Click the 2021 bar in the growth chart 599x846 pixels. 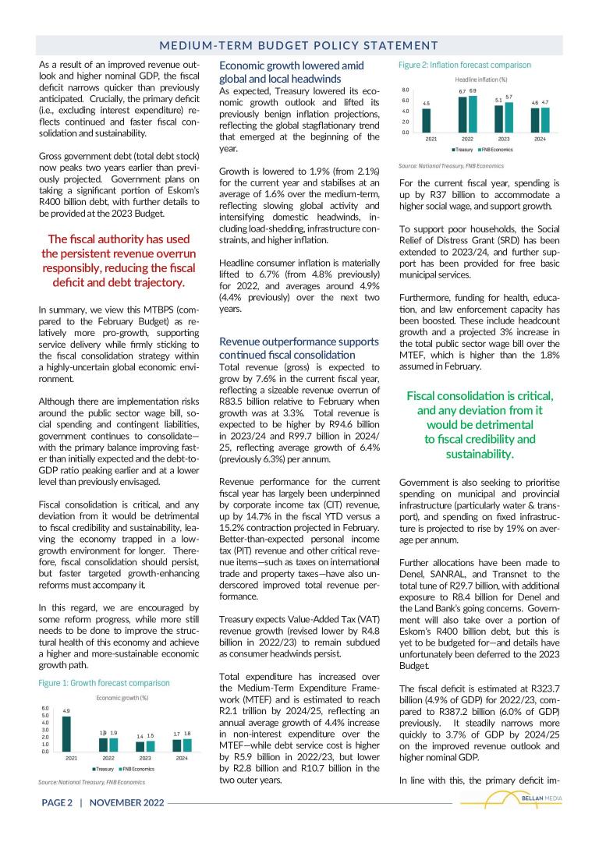[66, 734]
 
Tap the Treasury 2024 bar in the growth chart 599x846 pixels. [176, 745]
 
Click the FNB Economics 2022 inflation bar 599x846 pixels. [473, 113]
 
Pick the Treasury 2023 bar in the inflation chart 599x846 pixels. [498, 119]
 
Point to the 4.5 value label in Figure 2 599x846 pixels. [426, 103]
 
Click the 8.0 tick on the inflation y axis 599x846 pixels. [406, 90]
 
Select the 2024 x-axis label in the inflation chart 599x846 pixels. [539, 139]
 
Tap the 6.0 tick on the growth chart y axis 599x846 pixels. [45, 708]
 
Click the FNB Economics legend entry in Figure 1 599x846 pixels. [136, 769]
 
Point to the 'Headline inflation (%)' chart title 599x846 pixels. [481, 80]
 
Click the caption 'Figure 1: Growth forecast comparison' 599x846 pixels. [104, 683]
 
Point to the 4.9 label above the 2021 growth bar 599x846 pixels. [66, 711]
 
